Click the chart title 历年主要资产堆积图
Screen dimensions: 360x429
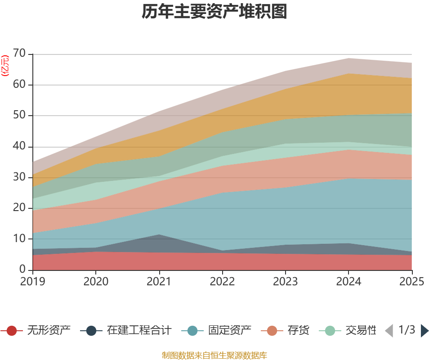[214, 12]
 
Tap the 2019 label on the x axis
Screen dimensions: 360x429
[32, 281]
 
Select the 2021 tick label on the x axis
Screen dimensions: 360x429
[159, 281]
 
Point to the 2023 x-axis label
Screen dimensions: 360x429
[286, 281]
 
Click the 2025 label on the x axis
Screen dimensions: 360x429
[411, 281]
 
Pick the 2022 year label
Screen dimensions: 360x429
[222, 281]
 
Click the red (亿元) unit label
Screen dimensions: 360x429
[5, 66]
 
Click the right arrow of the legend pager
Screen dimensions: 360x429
[424, 331]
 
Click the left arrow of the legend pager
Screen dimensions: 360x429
[389, 331]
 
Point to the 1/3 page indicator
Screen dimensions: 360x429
[407, 330]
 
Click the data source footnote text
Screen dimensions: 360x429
[214, 355]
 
